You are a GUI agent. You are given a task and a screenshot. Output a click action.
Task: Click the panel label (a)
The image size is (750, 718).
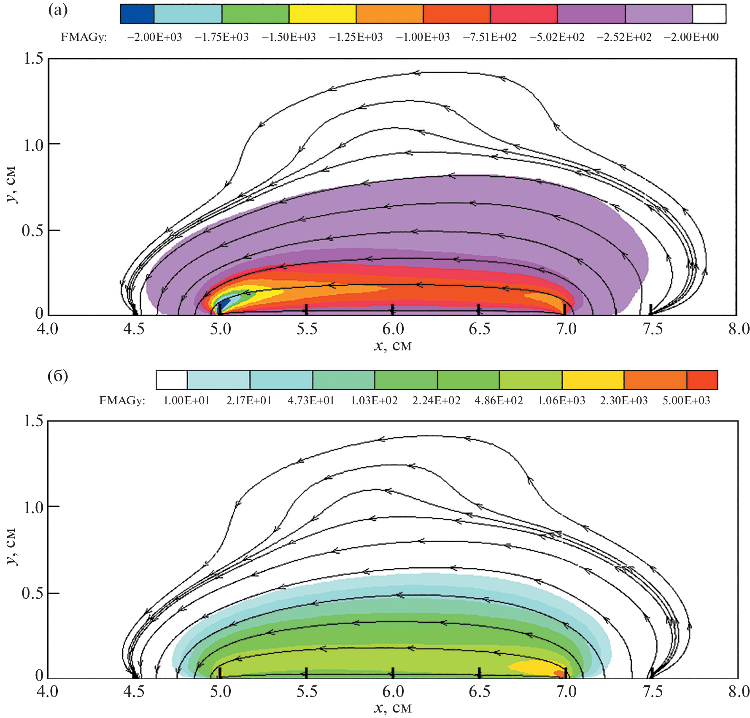pyautogui.click(x=58, y=10)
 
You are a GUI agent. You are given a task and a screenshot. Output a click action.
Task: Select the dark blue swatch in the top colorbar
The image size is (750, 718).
pyautogui.click(x=137, y=13)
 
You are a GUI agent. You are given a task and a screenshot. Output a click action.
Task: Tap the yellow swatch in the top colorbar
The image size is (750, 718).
pyautogui.click(x=322, y=13)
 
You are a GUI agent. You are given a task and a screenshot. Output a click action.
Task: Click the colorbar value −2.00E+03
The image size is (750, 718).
pyautogui.click(x=154, y=37)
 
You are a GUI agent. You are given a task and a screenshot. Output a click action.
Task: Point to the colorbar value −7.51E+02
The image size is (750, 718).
pyautogui.click(x=490, y=37)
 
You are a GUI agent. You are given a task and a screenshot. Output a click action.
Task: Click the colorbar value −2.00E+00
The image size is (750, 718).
pyautogui.click(x=691, y=37)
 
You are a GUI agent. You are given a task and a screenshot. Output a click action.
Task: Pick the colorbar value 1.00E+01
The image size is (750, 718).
pyautogui.click(x=186, y=401)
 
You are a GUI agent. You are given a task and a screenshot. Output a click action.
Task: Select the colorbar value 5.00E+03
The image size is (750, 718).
pyautogui.click(x=686, y=401)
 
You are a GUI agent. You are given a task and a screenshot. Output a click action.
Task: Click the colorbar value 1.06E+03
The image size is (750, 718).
pyautogui.click(x=561, y=401)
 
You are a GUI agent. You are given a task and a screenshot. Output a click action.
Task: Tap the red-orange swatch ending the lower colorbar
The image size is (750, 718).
pyautogui.click(x=702, y=379)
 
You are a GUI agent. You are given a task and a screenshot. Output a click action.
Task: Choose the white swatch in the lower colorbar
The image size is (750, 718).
pyautogui.click(x=172, y=379)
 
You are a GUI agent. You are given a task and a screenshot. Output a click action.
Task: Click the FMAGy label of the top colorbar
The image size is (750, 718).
pyautogui.click(x=84, y=37)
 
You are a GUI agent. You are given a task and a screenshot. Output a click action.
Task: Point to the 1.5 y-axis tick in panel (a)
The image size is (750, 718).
pyautogui.click(x=33, y=58)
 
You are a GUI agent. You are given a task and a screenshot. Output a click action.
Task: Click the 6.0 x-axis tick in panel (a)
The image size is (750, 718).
pyautogui.click(x=393, y=329)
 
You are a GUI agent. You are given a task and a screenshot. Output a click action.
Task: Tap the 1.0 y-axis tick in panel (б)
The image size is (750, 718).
pyautogui.click(x=33, y=507)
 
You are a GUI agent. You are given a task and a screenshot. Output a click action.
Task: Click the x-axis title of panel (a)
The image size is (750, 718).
pyautogui.click(x=393, y=346)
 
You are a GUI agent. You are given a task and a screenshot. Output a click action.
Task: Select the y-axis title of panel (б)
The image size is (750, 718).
pyautogui.click(x=11, y=547)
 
